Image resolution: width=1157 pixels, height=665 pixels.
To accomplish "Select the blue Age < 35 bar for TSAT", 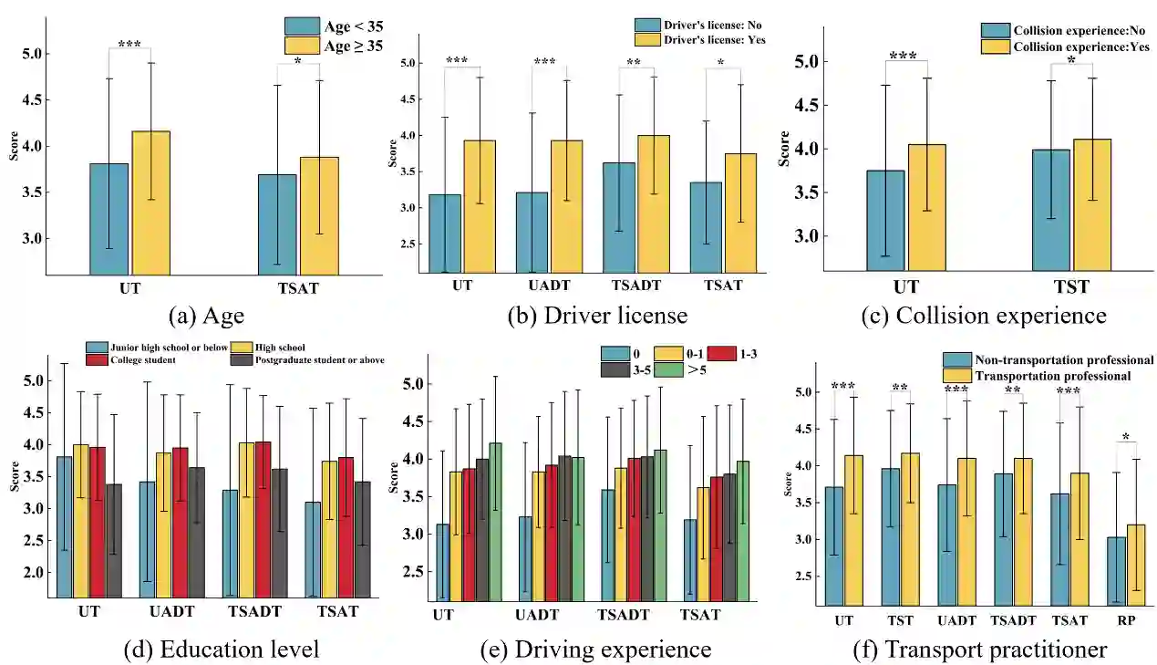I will coord(276,224).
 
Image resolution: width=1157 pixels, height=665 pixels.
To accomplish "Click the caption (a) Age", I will coord(206,316).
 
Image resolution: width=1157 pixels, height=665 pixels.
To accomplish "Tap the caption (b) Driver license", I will coord(597,316).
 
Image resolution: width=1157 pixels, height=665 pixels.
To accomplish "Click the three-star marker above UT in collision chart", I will coord(903,56).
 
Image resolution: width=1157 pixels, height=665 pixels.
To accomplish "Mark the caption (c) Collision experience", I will coord(984,316).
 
